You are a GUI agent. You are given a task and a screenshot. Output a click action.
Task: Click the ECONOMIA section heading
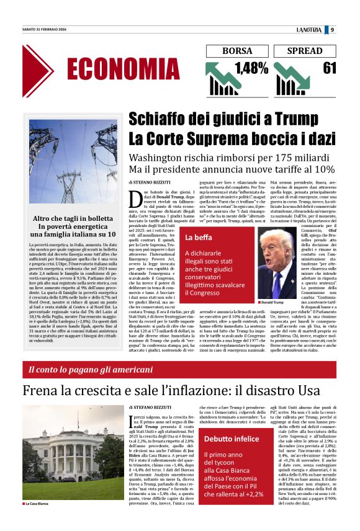tap(123, 68)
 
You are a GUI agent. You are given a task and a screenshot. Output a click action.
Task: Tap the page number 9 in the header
tap(333, 30)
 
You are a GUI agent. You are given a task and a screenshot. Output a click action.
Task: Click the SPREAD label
tap(305, 51)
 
